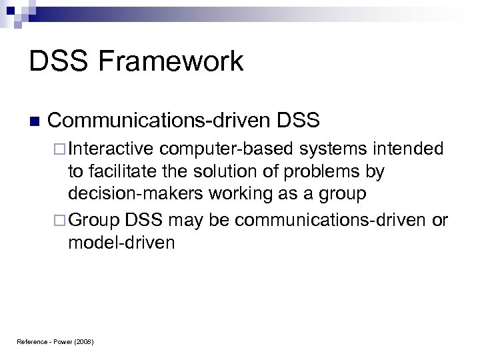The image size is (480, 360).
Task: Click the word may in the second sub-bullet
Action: click(x=188, y=221)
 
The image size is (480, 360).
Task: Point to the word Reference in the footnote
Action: click(x=31, y=341)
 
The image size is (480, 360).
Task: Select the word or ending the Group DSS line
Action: click(x=440, y=221)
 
